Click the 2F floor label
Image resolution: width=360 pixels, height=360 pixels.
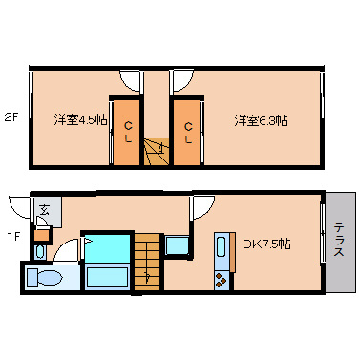pos(11,118)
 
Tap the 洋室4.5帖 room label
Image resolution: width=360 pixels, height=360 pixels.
pos(79,120)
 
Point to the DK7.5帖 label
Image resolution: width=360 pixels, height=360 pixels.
pos(268,244)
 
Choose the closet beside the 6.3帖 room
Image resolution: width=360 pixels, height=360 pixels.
pos(187,131)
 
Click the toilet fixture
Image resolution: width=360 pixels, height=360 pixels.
pos(44,277)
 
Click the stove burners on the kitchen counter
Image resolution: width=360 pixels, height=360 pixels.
pos(222,279)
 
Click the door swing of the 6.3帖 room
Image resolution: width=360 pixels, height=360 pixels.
pos(183,81)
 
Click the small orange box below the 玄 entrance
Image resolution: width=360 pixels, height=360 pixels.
pos(42,234)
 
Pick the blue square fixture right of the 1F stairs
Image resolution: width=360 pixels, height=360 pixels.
pos(178,245)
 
